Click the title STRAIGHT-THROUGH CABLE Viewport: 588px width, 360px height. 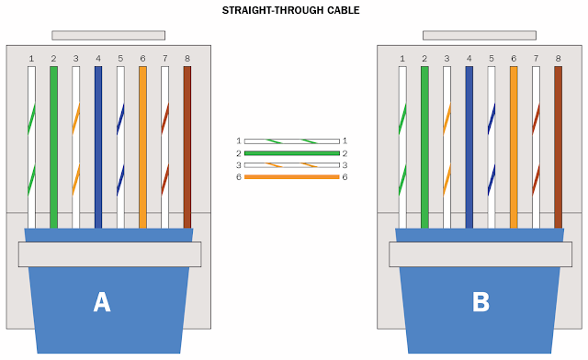click(290, 11)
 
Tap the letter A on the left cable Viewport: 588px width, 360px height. click(102, 302)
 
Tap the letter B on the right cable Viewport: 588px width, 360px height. click(480, 302)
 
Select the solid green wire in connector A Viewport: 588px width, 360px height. click(53, 147)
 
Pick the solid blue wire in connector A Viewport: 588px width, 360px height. click(98, 147)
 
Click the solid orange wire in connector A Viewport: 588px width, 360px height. click(142, 147)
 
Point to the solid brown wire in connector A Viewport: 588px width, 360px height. click(187, 147)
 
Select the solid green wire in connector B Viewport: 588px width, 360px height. click(424, 147)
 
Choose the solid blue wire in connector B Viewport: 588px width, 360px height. click(469, 147)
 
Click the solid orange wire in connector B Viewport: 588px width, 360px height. click(514, 147)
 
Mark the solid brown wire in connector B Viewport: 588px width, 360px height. click(558, 147)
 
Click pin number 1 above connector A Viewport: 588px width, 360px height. click(31, 58)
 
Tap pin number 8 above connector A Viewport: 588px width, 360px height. click(187, 58)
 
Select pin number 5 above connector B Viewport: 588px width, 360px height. click(492, 58)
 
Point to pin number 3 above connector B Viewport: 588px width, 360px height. click(447, 58)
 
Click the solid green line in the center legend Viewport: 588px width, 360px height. click(291, 152)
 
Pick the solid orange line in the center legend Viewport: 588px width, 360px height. click(291, 176)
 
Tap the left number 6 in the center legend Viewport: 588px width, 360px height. click(238, 176)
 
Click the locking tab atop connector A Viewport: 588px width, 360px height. click(108, 35)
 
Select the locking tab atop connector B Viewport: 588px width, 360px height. click(479, 35)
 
